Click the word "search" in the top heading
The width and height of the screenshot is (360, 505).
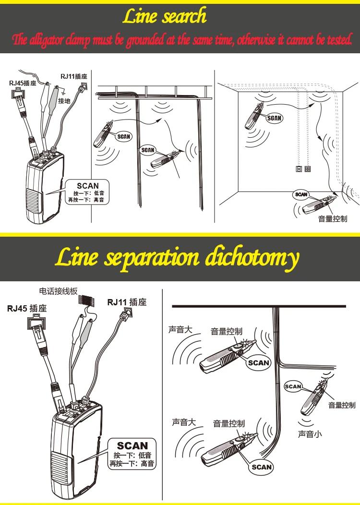tap(184, 17)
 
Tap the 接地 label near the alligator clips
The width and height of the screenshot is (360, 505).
tap(64, 101)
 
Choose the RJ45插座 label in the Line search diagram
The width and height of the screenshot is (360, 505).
tap(21, 83)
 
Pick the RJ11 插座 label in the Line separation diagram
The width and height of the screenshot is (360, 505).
tap(127, 302)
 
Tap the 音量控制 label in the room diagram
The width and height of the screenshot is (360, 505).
tap(332, 219)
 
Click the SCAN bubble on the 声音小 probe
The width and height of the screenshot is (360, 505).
tap(293, 386)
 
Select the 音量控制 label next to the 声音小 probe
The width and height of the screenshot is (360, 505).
tap(342, 405)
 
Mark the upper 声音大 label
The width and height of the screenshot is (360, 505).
tap(180, 330)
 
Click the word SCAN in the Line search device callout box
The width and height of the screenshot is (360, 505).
tap(87, 186)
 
